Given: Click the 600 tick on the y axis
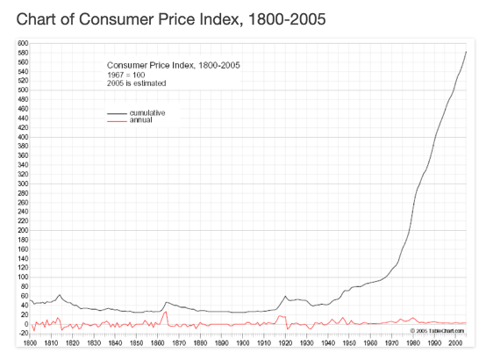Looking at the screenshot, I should coord(21,43).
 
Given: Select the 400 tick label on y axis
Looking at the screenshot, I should coord(21,137).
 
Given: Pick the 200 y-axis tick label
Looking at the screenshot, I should coord(21,231).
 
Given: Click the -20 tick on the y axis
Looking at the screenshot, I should coord(21,334).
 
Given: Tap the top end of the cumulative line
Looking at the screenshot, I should coord(466,52).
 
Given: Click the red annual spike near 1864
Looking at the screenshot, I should coord(165,312).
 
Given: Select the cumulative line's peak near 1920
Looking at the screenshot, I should coord(285,296).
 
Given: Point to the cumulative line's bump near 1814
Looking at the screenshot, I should coord(60,295).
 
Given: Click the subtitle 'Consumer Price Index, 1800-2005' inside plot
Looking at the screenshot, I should coord(173,65).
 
